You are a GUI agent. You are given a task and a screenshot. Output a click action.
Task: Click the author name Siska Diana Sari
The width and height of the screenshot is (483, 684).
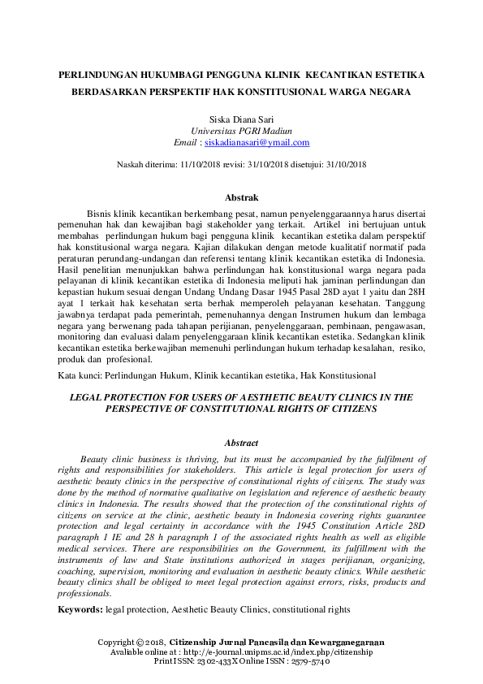click(241, 119)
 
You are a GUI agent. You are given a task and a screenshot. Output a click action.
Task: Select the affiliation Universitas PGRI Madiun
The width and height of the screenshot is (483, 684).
click(241, 131)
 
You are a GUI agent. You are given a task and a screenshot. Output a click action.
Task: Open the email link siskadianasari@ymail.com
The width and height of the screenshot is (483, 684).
click(257, 143)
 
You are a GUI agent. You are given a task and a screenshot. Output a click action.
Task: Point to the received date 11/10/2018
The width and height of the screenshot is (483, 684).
click(200, 164)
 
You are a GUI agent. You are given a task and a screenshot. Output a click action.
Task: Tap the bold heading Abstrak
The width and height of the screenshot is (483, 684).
click(241, 197)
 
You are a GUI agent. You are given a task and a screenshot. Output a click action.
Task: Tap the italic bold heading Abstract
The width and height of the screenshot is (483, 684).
click(241, 443)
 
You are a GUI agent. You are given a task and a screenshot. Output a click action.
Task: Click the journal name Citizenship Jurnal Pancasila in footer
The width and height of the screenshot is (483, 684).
click(235, 642)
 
